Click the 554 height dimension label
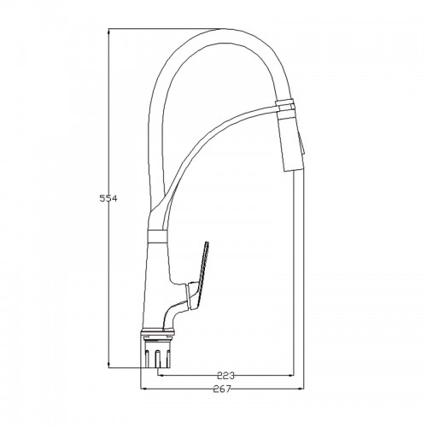108,198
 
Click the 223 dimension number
225,376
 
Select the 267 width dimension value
222,389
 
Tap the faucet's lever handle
199,277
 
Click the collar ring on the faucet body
158,236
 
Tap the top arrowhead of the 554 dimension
108,32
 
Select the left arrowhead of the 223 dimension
161,376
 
